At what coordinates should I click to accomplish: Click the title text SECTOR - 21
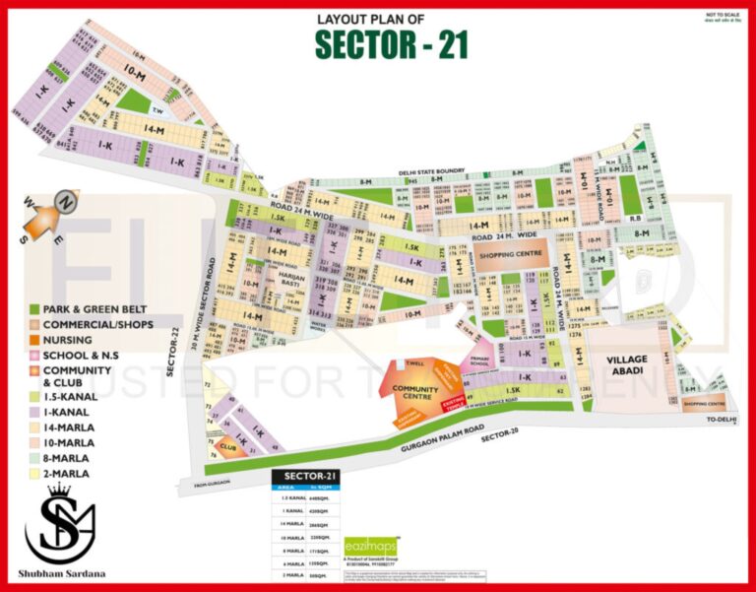pos(391,43)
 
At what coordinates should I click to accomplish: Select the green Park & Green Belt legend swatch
pos(33,308)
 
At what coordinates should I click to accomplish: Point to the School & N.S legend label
pos(84,355)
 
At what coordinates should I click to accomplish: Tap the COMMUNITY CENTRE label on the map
pos(415,394)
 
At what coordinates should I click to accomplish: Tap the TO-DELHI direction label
pos(721,421)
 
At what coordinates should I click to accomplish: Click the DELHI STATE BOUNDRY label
pos(433,170)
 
